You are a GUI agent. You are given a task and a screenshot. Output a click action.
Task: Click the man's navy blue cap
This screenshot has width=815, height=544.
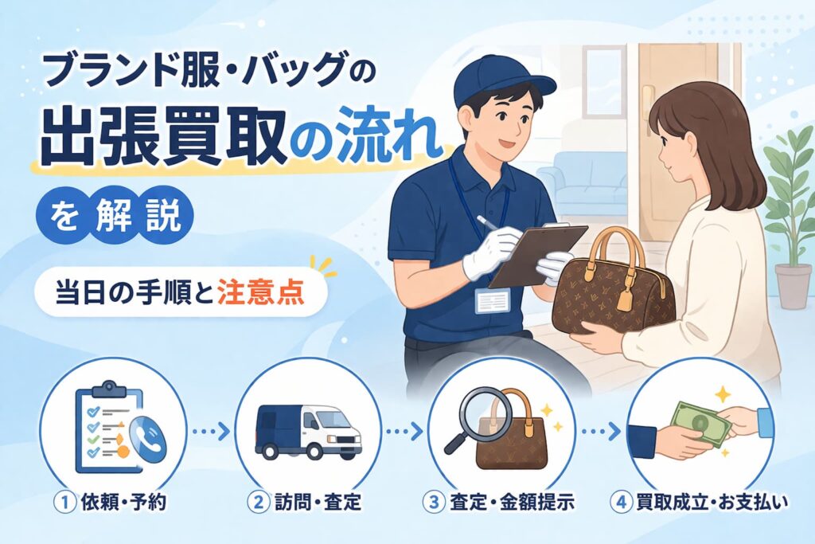[x=498, y=78]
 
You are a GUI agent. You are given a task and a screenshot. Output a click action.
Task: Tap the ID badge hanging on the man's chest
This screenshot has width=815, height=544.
[x=492, y=301]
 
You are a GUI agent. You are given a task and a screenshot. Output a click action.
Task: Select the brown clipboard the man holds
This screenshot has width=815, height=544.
[x=539, y=255]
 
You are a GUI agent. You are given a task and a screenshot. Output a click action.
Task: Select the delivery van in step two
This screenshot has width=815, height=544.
[x=308, y=431]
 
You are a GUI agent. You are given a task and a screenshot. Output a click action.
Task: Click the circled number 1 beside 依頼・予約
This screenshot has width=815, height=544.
[x=65, y=503]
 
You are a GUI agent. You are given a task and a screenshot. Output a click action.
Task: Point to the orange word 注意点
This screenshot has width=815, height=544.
[x=260, y=293]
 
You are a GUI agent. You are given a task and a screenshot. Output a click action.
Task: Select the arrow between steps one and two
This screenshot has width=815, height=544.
[x=211, y=431]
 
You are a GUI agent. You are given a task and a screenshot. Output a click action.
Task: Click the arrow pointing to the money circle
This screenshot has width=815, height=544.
[x=602, y=431]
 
